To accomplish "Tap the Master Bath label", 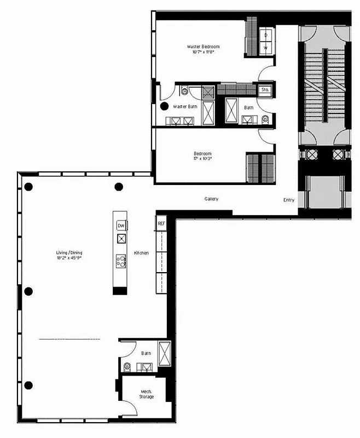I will tap(185, 106).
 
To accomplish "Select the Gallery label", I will tap(212, 199).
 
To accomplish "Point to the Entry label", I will tap(289, 200).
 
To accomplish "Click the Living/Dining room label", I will tap(69, 252).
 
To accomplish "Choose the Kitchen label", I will tap(141, 253).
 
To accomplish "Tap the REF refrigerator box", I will tap(161, 224).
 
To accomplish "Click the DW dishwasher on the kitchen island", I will tap(120, 226).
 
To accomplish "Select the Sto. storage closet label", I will tap(265, 89).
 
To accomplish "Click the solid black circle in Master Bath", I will tap(164, 107).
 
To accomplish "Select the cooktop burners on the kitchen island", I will tap(120, 260).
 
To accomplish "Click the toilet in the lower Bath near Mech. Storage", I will tap(127, 366).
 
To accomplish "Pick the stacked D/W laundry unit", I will tap(266, 41).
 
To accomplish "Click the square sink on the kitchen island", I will tap(120, 238).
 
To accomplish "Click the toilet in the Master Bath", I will tap(184, 90).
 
